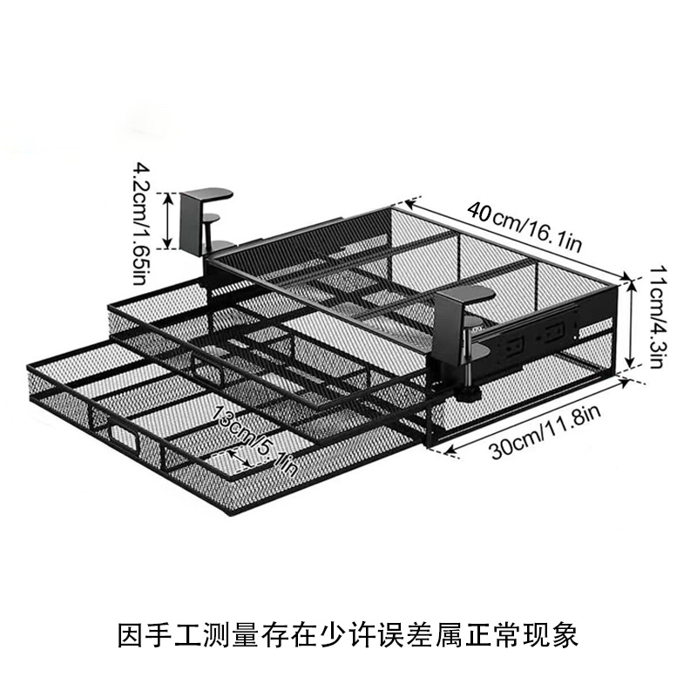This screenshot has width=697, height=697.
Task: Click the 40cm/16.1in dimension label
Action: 524,227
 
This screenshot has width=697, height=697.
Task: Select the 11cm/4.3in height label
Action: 658,317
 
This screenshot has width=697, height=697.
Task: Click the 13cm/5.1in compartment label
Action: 254,440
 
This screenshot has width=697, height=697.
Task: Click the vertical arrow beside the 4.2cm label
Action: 167,220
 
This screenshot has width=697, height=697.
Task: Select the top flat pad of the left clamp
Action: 208,193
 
